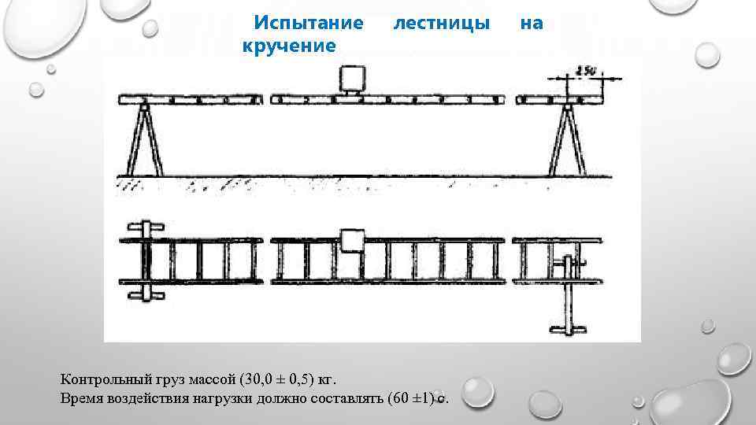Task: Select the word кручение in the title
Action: click(289, 46)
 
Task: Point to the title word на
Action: click(532, 24)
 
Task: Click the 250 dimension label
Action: click(585, 71)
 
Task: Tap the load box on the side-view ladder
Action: click(352, 80)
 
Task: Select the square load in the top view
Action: click(353, 241)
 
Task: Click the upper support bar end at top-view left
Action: click(146, 227)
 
